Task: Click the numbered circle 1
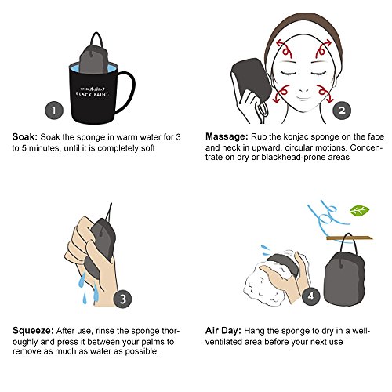point(54,111)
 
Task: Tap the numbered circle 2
point(342,111)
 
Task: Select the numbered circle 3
point(123,299)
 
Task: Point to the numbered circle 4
point(310,296)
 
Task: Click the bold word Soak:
point(25,137)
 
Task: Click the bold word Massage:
point(227,136)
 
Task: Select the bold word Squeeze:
point(33,331)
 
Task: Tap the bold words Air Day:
point(223,331)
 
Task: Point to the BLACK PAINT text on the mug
point(92,94)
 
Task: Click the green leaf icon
point(360,211)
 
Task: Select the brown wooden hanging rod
point(349,238)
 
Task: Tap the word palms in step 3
point(153,342)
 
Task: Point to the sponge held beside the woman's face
point(251,80)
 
